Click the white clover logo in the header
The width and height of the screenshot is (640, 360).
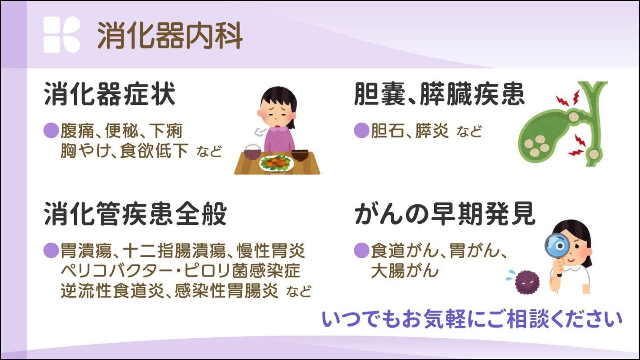tap(62, 35)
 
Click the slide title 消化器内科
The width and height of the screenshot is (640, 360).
tap(170, 35)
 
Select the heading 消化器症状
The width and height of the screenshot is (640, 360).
tap(110, 95)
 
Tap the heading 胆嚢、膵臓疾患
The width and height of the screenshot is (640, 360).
tap(439, 95)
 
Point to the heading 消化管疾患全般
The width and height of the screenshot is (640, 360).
tap(136, 214)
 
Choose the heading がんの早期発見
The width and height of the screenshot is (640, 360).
tap(444, 214)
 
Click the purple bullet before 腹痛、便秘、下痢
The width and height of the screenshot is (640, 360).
tap(51, 131)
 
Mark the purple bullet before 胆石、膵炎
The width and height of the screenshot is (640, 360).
tap(362, 131)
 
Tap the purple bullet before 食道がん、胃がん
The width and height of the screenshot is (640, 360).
tap(362, 251)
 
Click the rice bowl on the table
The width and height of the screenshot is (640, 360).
tap(253, 152)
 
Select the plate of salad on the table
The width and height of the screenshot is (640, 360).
tap(276, 163)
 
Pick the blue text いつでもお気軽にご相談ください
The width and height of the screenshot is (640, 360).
tap(472, 320)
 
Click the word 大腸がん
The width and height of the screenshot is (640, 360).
tap(405, 271)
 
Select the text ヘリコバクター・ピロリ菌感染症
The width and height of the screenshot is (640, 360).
tap(180, 271)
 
